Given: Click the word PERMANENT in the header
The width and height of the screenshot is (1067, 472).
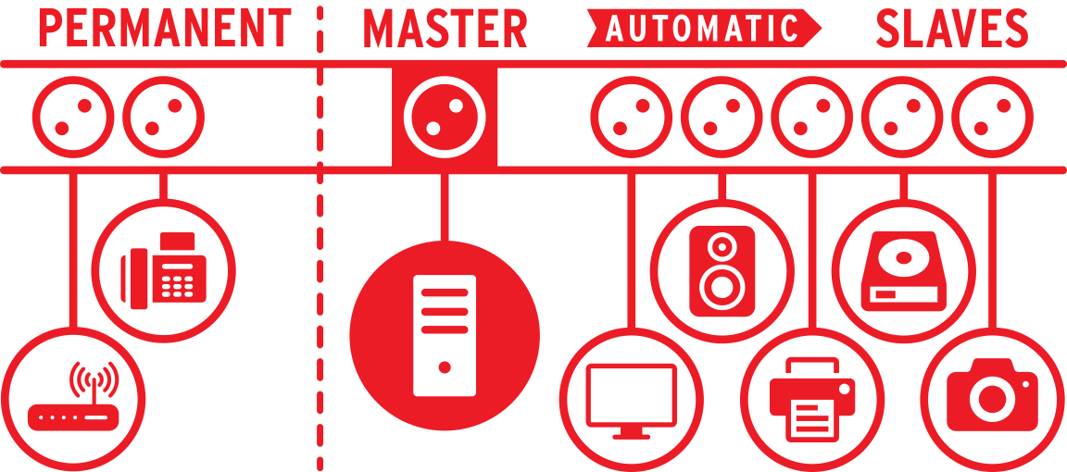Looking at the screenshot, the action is coord(166,28).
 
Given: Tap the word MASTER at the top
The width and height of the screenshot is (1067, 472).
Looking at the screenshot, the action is coord(446,28).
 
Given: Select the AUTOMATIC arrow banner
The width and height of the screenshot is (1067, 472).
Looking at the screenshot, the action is coord(704,28).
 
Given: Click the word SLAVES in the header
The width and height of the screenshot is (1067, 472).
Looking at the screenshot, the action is coord(952,28).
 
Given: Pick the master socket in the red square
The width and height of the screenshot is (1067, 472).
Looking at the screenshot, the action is coord(445,117).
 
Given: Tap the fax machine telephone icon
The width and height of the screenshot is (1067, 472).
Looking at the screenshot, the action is coord(163,270).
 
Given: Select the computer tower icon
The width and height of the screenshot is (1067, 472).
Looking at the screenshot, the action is coord(445,335).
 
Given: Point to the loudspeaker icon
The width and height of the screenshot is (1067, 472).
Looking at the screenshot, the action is coord(722,270).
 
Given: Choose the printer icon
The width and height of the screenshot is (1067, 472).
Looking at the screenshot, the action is coord(811,399).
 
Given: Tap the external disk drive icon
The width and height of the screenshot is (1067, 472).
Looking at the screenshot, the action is coord(903,270).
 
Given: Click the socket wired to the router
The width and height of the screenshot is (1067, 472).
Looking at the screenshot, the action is coord(73,117).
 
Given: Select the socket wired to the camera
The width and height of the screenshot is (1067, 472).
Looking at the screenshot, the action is coord(992,117).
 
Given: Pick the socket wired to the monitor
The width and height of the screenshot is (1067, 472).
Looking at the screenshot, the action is coord(632,117).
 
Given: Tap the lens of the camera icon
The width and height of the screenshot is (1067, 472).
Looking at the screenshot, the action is coord(991,399).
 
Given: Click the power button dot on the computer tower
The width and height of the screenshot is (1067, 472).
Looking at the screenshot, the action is coord(445,367).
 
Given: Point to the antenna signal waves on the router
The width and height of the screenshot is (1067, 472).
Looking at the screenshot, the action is coord(94,379).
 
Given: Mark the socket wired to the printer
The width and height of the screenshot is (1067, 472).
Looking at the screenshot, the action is coord(811,117).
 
